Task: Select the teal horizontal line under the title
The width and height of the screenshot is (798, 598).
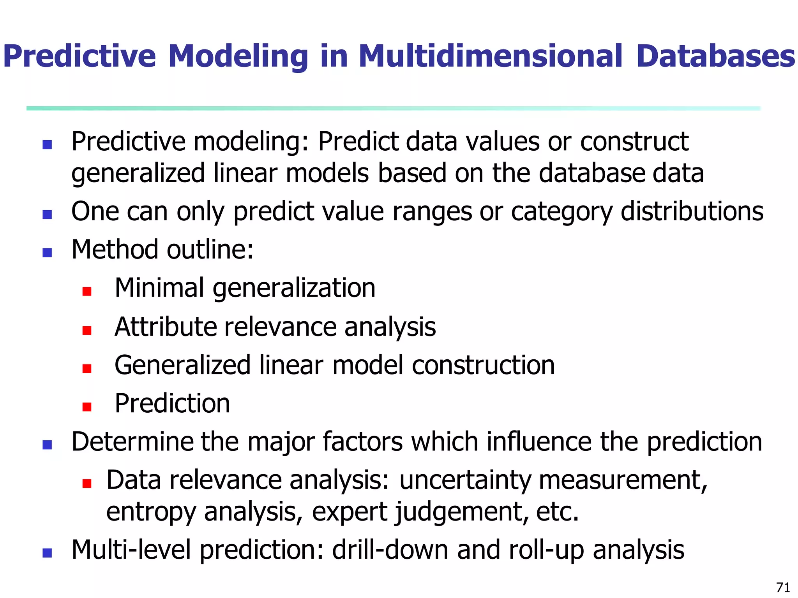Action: point(394,108)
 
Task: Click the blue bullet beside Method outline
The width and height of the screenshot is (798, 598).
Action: point(47,253)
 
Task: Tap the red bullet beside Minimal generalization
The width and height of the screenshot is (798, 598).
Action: point(87,291)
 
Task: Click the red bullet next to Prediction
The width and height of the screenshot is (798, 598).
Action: point(87,407)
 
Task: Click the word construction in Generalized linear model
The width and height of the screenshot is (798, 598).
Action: point(483,365)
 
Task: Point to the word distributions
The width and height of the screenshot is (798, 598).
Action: point(692,211)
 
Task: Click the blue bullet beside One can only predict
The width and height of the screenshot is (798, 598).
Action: point(47,215)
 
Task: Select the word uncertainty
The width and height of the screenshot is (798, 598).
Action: point(465,480)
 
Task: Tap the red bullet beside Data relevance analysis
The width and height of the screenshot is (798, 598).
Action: point(87,484)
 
